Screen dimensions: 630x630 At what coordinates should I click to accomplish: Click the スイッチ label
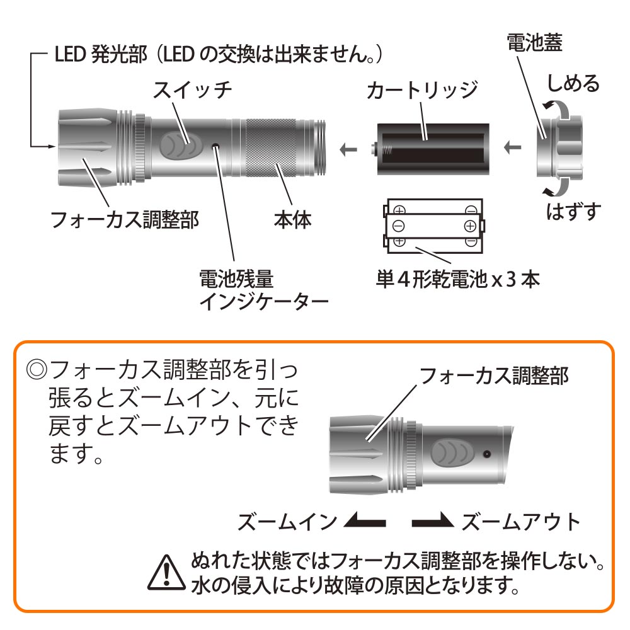(x=192, y=90)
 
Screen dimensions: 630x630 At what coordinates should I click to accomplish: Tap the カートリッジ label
(x=422, y=90)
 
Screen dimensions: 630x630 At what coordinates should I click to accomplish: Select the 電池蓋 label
(x=534, y=42)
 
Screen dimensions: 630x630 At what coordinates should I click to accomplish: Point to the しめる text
(x=573, y=84)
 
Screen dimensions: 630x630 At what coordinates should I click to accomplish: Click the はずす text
(x=574, y=211)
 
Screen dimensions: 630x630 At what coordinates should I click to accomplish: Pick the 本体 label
(x=292, y=220)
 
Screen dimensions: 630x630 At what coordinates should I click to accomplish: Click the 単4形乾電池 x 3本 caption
(x=457, y=279)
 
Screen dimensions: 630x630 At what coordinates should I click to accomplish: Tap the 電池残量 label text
(x=236, y=278)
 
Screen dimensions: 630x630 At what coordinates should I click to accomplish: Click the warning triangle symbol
(x=166, y=573)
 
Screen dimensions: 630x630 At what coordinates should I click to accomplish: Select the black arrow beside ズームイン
(x=365, y=521)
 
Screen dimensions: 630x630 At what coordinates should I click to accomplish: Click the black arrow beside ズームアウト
(x=433, y=521)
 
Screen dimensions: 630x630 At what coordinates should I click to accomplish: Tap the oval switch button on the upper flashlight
(x=180, y=145)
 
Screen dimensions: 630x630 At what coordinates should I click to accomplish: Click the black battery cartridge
(x=432, y=149)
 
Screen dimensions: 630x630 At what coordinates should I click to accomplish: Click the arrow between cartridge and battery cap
(x=513, y=148)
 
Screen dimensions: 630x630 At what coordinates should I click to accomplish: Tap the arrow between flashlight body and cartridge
(x=348, y=149)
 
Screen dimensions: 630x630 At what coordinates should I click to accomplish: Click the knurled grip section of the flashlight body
(x=271, y=147)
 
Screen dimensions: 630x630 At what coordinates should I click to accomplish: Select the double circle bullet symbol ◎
(x=37, y=369)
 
